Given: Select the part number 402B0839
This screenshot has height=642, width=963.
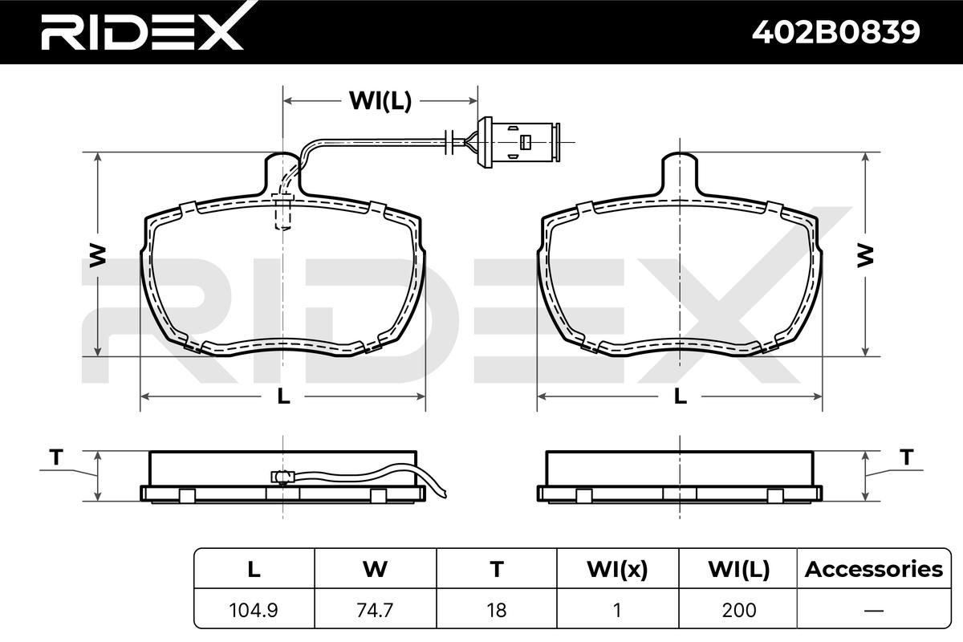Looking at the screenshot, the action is (x=835, y=32).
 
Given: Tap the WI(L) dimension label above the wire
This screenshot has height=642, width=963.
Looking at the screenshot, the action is (x=380, y=101).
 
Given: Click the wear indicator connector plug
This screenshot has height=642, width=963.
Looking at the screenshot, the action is (x=519, y=142).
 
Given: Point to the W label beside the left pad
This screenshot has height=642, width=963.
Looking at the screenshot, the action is (x=97, y=256).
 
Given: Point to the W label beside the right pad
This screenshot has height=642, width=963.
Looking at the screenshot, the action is (x=865, y=256).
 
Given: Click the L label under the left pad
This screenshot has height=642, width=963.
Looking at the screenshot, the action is (x=283, y=396).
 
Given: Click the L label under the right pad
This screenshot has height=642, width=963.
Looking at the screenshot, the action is (x=681, y=396).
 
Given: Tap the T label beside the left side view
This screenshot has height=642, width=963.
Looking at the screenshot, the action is (x=56, y=457).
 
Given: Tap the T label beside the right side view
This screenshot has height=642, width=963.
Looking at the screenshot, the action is (x=907, y=457).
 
